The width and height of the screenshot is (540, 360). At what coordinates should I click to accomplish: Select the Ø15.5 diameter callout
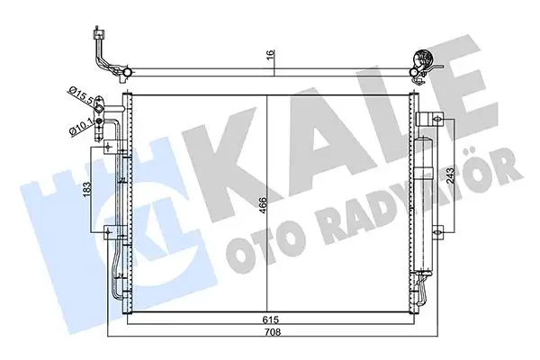(80, 93)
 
